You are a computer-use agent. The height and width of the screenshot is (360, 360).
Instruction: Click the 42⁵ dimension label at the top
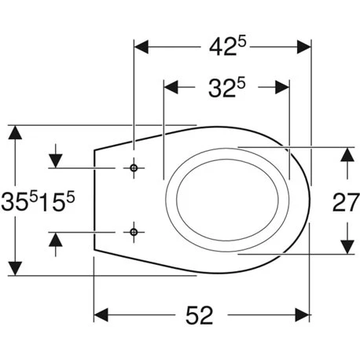(228, 47)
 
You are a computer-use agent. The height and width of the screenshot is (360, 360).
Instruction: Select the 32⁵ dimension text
(227, 88)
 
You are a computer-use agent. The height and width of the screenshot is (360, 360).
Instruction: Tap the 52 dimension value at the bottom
(199, 315)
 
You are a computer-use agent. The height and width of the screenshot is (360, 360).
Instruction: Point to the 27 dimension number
(346, 202)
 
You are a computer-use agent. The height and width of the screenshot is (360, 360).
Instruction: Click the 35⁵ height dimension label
(20, 201)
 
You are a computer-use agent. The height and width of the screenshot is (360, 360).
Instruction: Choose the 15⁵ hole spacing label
(57, 201)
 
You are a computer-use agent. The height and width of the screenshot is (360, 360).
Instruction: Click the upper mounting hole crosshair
(134, 168)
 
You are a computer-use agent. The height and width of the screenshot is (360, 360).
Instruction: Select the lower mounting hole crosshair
(134, 232)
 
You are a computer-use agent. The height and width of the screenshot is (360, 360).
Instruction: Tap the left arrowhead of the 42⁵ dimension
(141, 47)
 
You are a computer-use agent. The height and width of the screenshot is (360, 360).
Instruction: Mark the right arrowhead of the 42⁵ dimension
(303, 47)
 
